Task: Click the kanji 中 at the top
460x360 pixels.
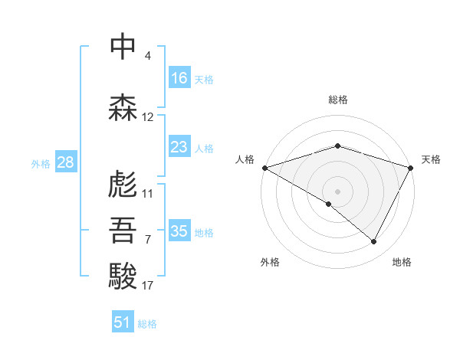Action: click(x=123, y=48)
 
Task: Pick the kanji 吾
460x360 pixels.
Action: click(x=123, y=231)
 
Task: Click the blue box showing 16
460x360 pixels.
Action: click(x=179, y=78)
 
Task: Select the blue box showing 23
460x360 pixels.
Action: click(x=179, y=147)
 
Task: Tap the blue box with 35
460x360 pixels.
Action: click(x=179, y=231)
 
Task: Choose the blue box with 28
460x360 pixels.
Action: click(x=65, y=162)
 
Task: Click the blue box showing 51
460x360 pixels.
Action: click(x=123, y=322)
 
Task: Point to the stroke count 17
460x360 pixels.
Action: click(x=148, y=286)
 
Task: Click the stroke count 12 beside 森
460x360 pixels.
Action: click(x=148, y=117)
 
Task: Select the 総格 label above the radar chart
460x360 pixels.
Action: click(x=338, y=100)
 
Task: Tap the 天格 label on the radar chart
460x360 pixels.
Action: click(x=431, y=159)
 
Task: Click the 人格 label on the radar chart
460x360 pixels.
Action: click(x=245, y=159)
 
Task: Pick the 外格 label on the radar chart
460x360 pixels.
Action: click(x=270, y=262)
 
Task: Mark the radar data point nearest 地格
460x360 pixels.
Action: click(x=374, y=241)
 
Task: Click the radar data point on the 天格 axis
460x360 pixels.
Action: click(x=412, y=167)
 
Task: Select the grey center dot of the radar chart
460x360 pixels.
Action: click(x=337, y=191)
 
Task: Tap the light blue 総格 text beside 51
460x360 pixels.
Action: click(x=147, y=323)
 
